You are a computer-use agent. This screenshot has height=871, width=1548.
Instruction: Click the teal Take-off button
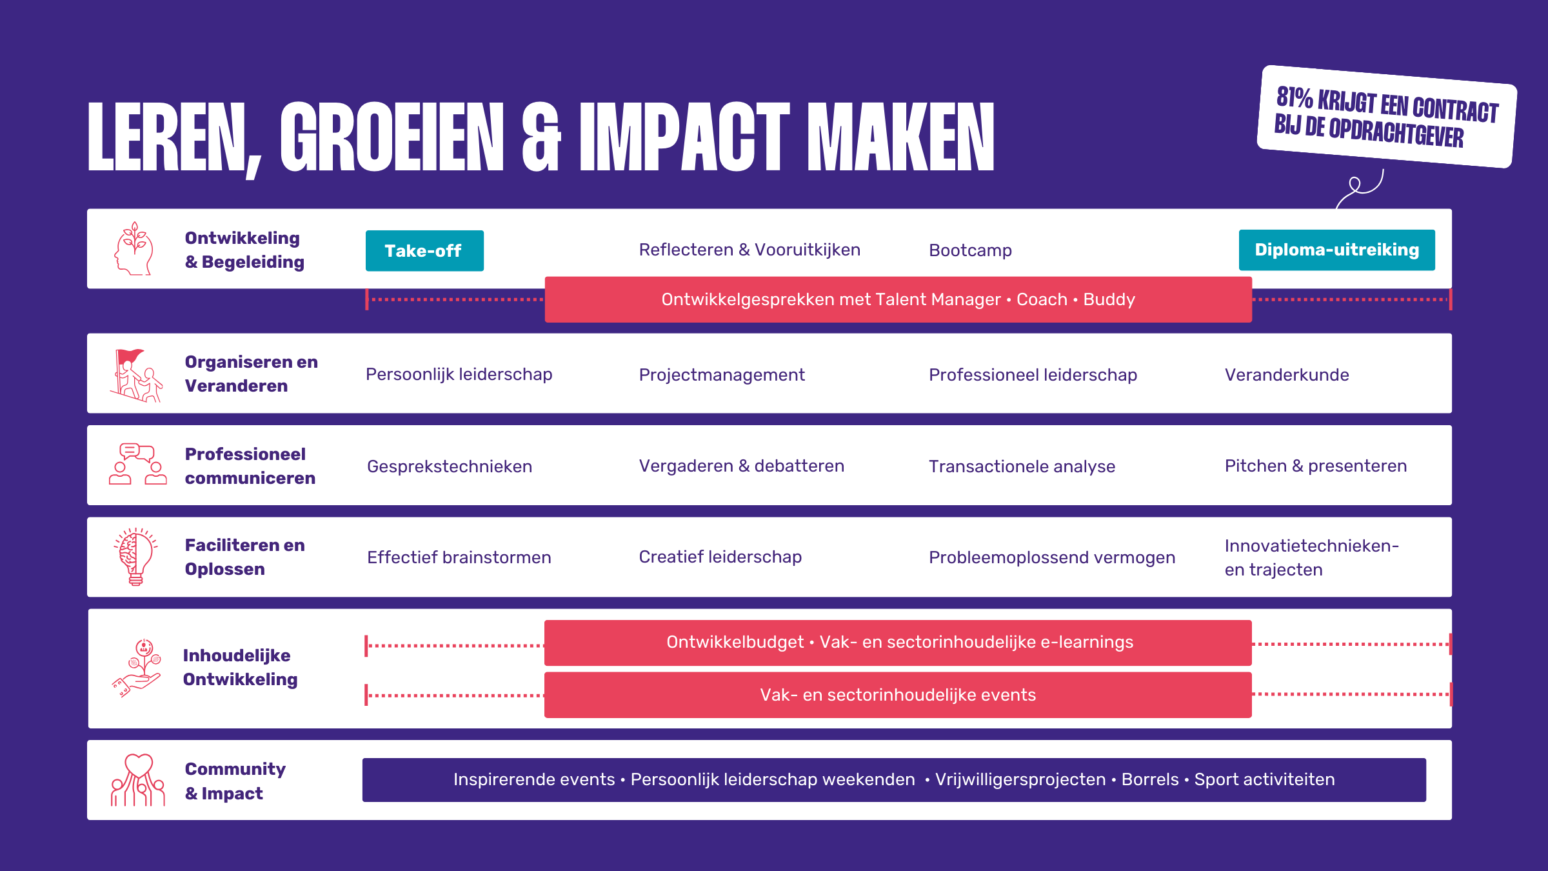click(x=424, y=250)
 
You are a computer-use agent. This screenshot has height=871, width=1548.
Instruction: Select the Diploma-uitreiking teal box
click(x=1336, y=250)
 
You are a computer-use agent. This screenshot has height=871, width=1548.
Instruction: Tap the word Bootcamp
click(x=970, y=250)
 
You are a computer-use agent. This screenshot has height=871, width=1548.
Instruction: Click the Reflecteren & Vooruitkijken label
click(x=749, y=250)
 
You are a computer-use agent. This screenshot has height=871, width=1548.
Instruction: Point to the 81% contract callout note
click(x=1387, y=117)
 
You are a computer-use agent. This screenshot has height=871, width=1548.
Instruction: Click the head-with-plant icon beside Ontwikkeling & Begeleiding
click(x=134, y=248)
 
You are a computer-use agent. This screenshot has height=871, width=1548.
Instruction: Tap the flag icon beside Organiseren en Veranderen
click(x=136, y=375)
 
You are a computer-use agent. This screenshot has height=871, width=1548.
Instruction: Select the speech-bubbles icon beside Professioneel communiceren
click(x=137, y=464)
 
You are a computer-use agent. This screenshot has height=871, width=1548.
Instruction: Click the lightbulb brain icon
click(x=135, y=556)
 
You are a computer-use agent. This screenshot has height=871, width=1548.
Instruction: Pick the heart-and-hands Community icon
click(x=138, y=780)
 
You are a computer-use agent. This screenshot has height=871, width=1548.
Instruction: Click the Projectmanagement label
click(x=722, y=375)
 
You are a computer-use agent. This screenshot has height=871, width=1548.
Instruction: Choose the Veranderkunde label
click(x=1287, y=375)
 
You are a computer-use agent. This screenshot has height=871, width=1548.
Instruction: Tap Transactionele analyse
click(x=1022, y=466)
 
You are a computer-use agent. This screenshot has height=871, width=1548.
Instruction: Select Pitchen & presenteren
click(x=1316, y=466)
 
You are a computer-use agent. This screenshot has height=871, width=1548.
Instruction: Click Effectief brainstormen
click(x=459, y=557)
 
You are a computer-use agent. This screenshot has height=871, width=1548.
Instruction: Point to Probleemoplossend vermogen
click(x=1052, y=557)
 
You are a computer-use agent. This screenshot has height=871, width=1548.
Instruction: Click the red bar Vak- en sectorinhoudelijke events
click(x=898, y=695)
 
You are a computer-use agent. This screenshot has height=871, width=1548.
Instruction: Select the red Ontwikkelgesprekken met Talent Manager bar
click(x=898, y=299)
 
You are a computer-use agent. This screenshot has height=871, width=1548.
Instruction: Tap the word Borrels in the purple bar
click(x=1150, y=779)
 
